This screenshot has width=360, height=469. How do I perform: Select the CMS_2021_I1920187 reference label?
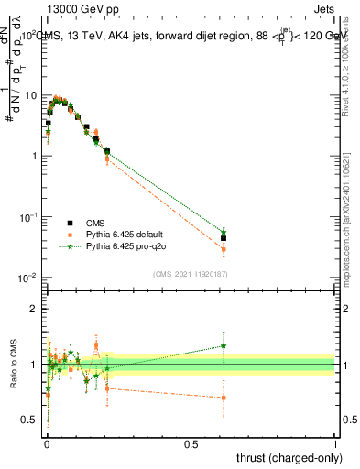(190, 273)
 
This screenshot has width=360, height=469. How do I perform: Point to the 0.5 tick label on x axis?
(191, 442)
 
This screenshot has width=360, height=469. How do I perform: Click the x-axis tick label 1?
(335, 442)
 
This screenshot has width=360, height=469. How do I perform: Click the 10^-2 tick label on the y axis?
(28, 278)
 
